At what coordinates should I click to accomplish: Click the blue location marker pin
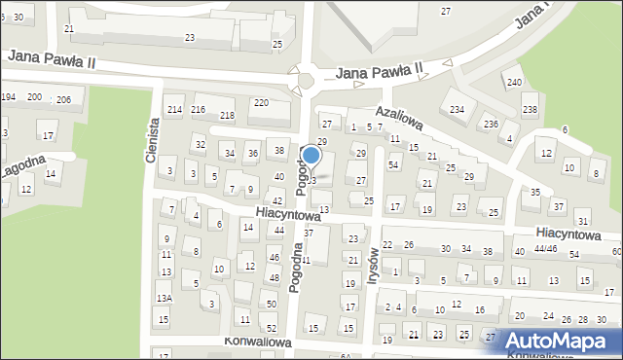coord(311,156)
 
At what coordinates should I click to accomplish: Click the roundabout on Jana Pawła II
coord(307,79)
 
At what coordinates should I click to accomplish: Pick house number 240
coord(514,82)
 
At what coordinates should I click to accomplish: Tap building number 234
coord(457,108)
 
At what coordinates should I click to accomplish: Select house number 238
coord(530,109)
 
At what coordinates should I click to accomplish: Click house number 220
coord(261,102)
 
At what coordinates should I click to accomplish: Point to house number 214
coord(174,109)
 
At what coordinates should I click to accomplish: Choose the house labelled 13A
coord(165,297)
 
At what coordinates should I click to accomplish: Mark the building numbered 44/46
coord(545,250)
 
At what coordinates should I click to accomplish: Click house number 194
coord(8,97)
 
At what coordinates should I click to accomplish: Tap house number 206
coord(63,100)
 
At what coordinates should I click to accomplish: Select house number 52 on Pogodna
coord(272,328)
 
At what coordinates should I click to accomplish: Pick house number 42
coord(277,200)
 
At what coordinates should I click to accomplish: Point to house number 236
coord(492,124)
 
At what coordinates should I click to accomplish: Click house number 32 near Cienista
coord(200,145)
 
